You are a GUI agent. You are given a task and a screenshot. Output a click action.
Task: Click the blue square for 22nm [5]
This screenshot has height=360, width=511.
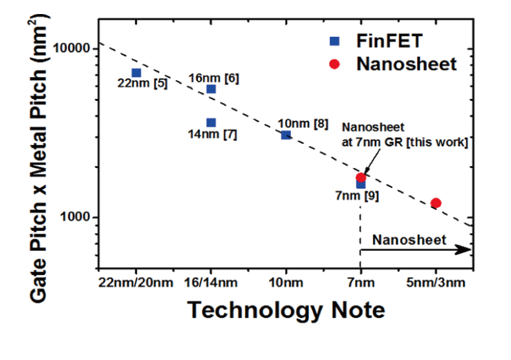tap(136, 73)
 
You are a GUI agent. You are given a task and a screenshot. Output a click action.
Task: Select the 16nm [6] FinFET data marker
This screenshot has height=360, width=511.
tap(211, 89)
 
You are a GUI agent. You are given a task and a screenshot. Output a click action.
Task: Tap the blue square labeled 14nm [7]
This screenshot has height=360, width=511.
tap(211, 122)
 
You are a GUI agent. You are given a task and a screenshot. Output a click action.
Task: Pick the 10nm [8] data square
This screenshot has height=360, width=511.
tap(286, 135)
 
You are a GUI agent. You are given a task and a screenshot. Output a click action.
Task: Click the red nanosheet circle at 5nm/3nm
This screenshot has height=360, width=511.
tap(436, 203)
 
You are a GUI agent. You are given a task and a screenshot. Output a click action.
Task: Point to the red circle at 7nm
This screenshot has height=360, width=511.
tap(361, 177)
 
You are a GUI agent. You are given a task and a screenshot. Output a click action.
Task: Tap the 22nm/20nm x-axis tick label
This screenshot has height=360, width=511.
tap(136, 284)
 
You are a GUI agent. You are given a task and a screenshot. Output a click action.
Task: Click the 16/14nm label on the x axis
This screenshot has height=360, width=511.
tap(211, 284)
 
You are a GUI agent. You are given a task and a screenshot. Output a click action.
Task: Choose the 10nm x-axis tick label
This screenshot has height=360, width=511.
tap(286, 284)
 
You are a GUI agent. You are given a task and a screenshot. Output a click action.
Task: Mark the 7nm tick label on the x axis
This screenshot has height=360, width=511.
tap(361, 284)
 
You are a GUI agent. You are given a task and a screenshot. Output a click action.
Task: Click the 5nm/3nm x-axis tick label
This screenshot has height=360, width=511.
tap(436, 284)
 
